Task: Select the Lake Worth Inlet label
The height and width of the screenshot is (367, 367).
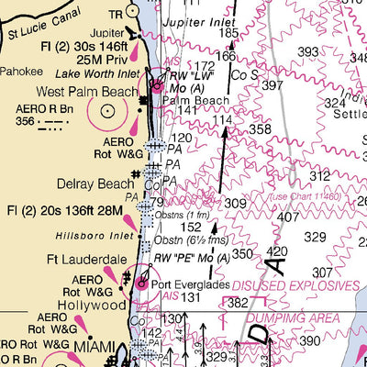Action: coord(90,72)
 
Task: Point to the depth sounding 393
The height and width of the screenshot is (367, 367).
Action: coord(308,52)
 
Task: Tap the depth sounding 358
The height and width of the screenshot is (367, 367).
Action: coord(260,129)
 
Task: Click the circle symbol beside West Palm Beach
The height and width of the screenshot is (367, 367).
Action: coord(108,111)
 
